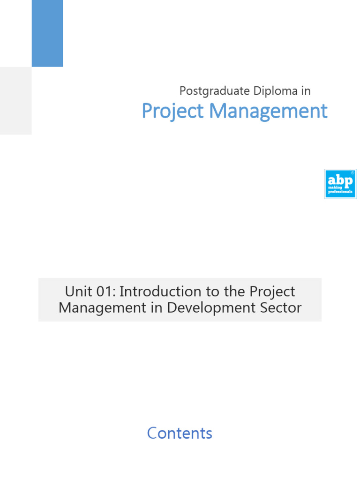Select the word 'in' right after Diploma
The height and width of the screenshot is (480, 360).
(x=306, y=91)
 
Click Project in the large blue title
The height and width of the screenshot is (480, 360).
(x=173, y=112)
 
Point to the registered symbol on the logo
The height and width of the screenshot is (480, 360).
(x=352, y=172)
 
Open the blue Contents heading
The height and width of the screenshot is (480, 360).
(x=180, y=433)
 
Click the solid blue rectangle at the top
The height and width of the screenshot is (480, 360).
(x=47, y=33)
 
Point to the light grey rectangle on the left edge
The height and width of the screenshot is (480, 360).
(x=15, y=100)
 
